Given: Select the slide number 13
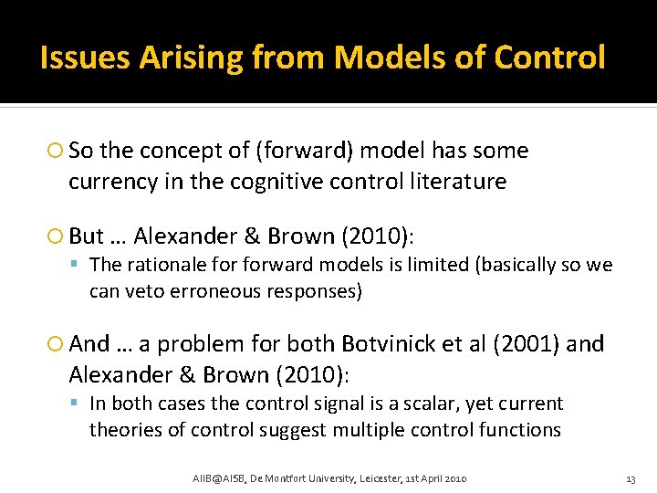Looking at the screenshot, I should coord(629,479).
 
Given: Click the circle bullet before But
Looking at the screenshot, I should coord(57,237).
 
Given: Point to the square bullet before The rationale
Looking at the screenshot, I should coord(79,266).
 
